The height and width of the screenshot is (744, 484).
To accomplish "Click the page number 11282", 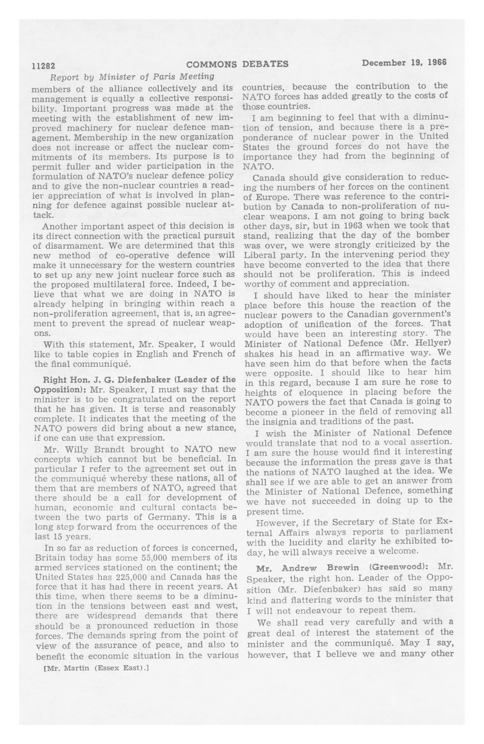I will click(43, 66).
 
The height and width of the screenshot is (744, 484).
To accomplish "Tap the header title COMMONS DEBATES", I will click(237, 64).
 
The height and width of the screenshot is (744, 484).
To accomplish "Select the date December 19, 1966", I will click(404, 62).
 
